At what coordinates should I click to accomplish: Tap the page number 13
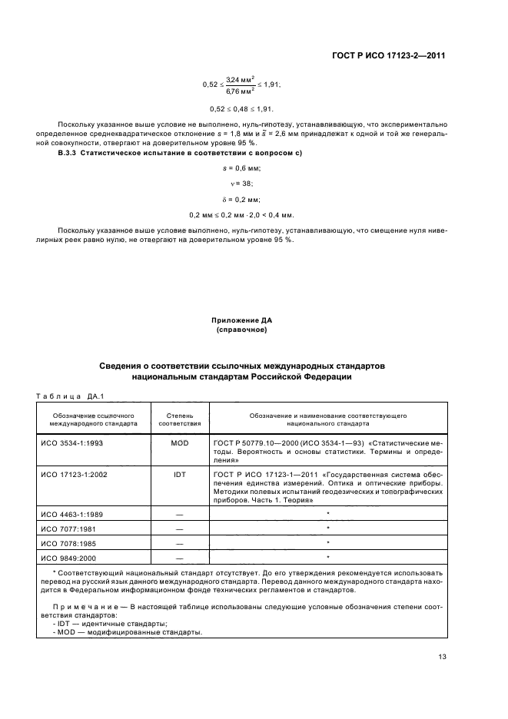pyautogui.click(x=442, y=656)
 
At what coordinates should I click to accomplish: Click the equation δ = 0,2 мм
pyautogui.click(x=242, y=199)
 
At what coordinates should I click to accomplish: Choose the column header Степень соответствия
pyautogui.click(x=180, y=419)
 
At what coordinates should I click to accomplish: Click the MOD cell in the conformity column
pyautogui.click(x=180, y=443)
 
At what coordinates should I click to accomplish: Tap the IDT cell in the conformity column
pyautogui.click(x=180, y=475)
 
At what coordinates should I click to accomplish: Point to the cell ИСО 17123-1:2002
pyautogui.click(x=73, y=475)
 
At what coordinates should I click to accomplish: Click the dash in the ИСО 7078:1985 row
pyautogui.click(x=180, y=542)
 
